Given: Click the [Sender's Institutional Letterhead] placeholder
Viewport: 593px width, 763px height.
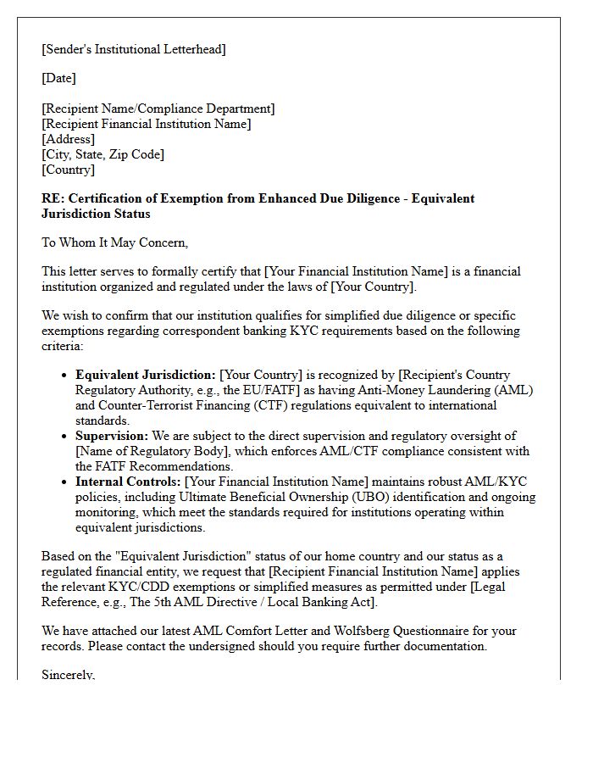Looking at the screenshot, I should click(x=134, y=49).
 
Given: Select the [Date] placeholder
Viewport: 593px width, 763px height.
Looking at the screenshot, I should click(x=58, y=79).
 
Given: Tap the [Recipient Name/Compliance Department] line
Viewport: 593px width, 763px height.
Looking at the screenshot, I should click(x=158, y=109).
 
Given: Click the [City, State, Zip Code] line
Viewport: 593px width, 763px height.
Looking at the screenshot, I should click(x=103, y=155).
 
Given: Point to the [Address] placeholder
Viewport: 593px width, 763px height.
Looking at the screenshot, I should click(x=69, y=140).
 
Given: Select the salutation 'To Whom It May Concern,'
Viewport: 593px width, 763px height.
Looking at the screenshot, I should click(x=114, y=243).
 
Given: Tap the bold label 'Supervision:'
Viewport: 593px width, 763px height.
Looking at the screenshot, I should click(x=112, y=436).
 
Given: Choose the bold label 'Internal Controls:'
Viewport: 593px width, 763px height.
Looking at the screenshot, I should click(x=128, y=482).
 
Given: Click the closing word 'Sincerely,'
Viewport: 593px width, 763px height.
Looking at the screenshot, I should click(x=69, y=676).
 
